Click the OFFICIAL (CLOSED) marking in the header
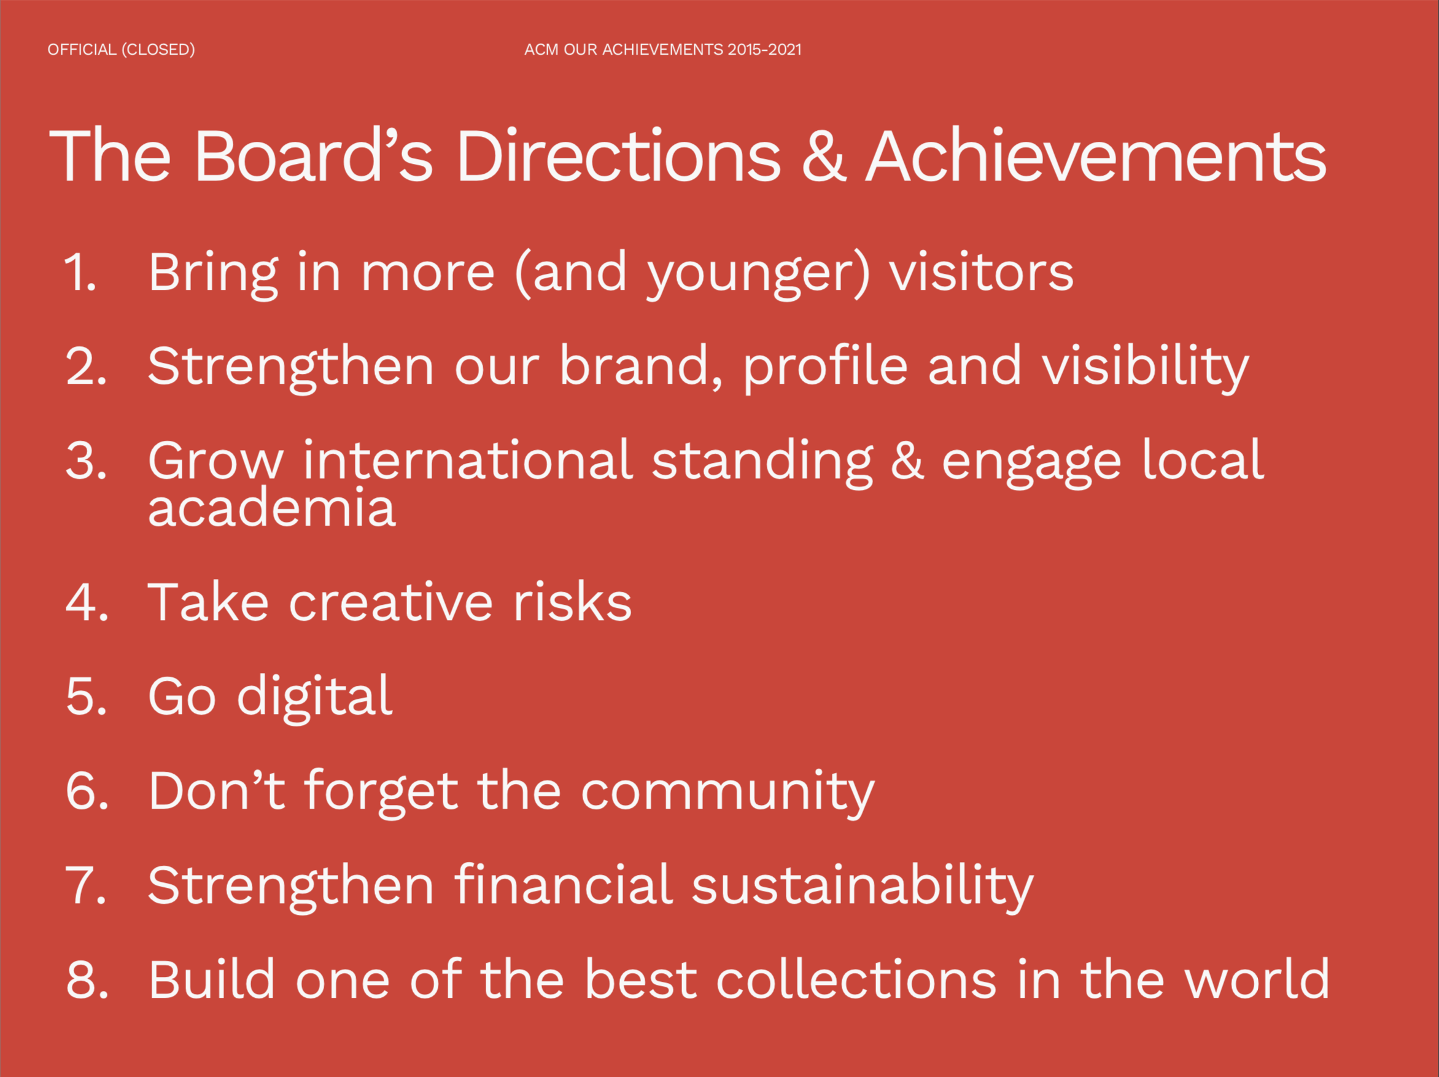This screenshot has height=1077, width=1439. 121,50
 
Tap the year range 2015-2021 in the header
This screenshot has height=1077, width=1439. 764,50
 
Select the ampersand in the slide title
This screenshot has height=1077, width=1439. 824,156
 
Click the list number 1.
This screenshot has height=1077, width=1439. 80,272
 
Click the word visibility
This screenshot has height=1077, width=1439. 1146,368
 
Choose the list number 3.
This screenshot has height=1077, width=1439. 86,460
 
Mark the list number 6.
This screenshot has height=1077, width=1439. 87,791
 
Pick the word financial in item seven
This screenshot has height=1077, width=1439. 564,884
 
